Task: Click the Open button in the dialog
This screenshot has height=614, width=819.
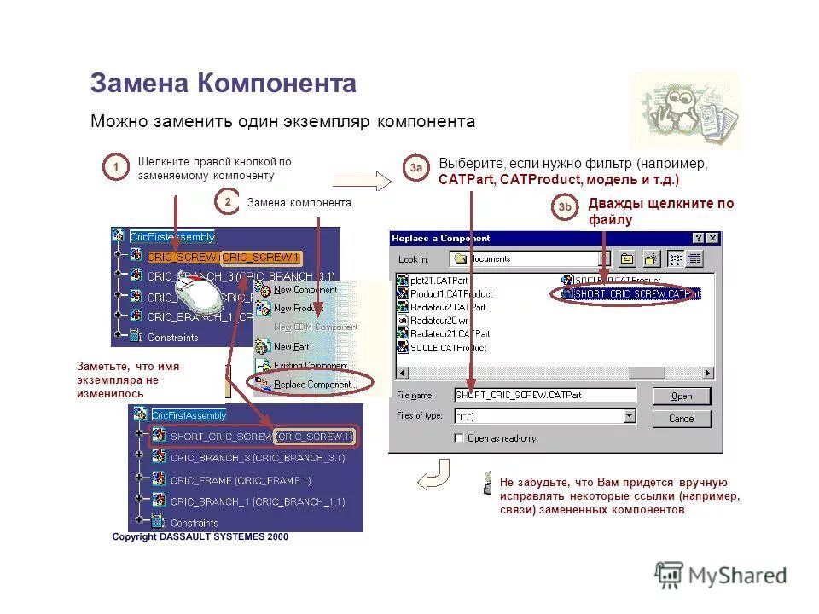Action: coord(681,396)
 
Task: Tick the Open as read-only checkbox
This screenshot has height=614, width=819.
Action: coord(460,438)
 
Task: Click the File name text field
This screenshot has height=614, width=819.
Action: coord(544,395)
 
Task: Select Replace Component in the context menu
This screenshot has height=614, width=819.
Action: coord(314,385)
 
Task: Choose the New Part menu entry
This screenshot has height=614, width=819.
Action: coord(291,346)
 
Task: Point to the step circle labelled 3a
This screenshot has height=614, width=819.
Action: coord(415,168)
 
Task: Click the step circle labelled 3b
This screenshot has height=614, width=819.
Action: coord(565,207)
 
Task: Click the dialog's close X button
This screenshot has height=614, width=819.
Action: coord(712,239)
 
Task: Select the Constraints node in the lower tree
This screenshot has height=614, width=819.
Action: coord(194,523)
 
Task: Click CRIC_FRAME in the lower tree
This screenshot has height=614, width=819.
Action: coord(240,480)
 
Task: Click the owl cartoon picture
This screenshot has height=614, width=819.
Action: coord(684,110)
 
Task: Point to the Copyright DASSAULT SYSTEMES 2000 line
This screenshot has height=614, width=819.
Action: coord(200,537)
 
